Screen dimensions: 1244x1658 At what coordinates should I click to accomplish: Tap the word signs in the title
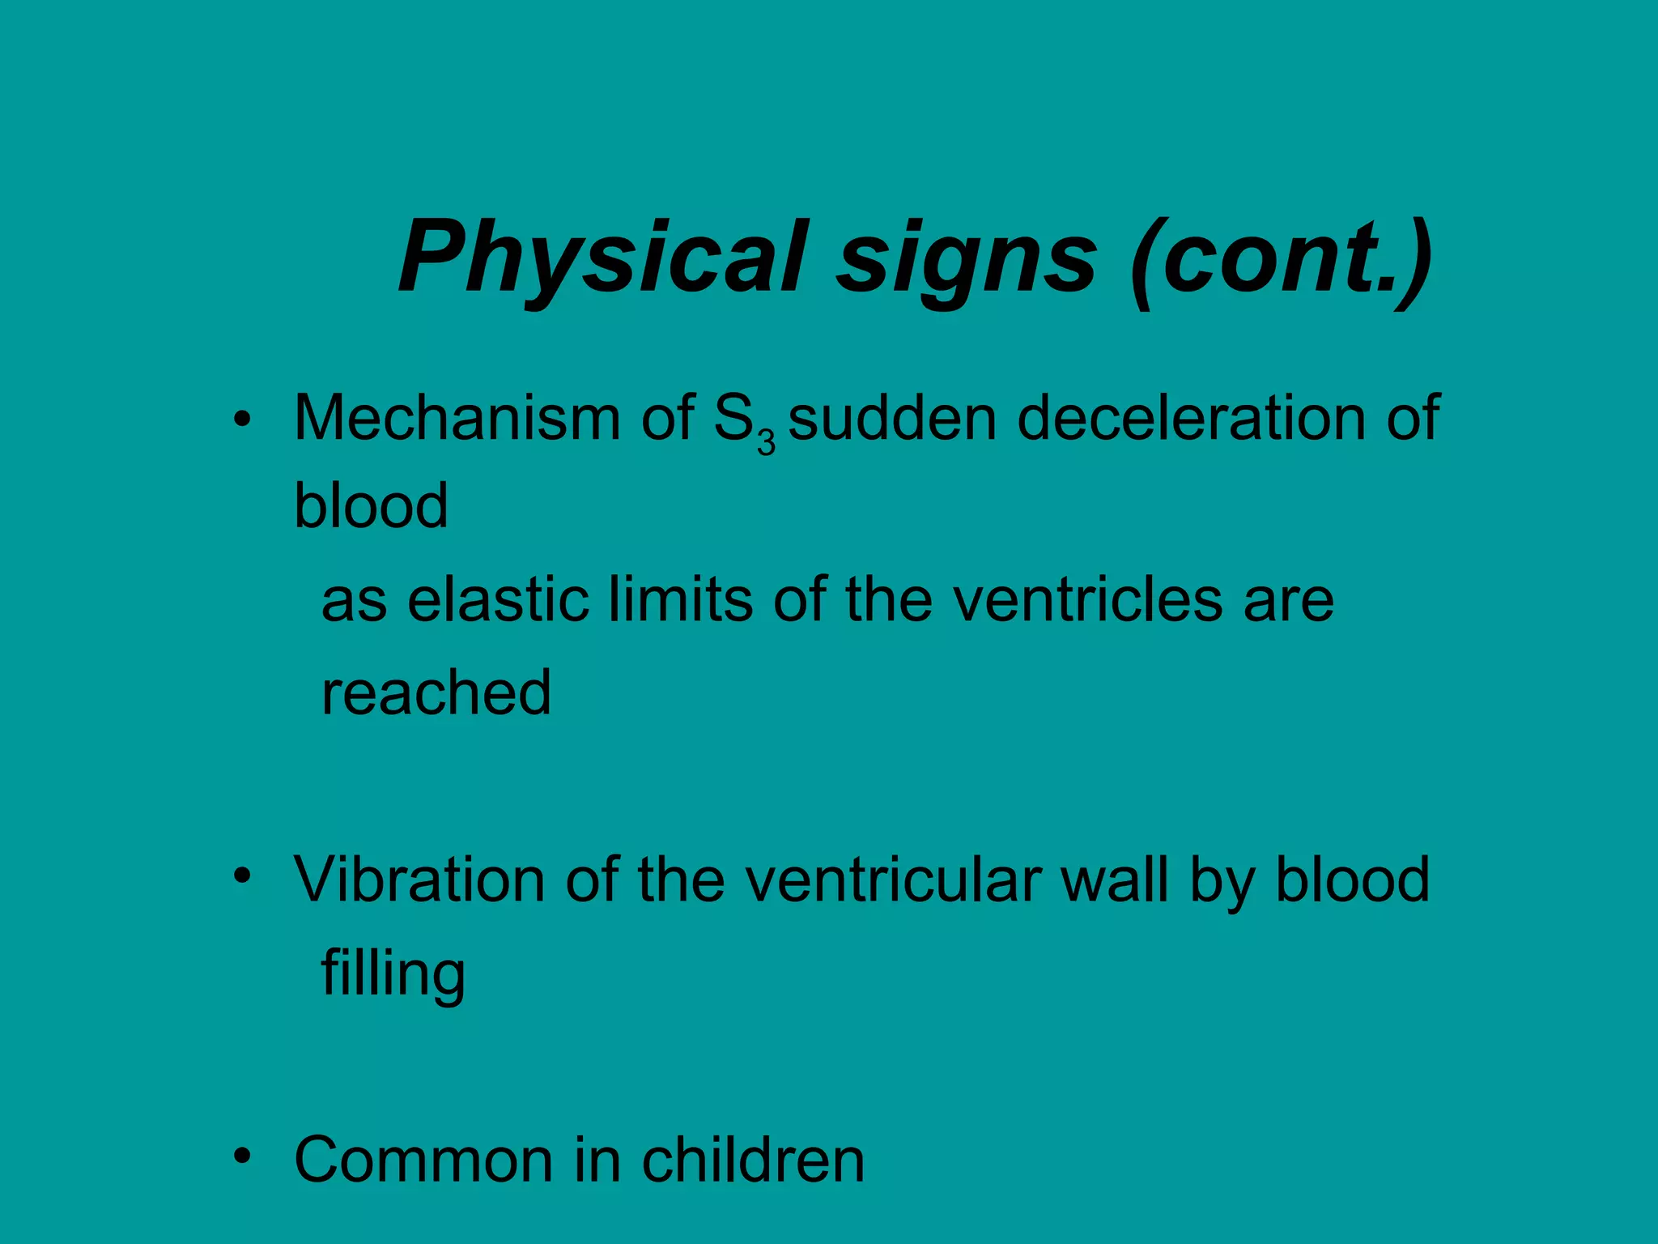pyautogui.click(x=967, y=259)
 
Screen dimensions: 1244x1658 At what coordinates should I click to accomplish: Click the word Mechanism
pyautogui.click(x=457, y=418)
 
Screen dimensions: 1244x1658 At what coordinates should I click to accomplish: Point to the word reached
pyautogui.click(x=436, y=693)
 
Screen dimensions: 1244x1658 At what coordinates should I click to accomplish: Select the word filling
pyautogui.click(x=393, y=973)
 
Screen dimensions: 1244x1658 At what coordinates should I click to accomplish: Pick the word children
pyautogui.click(x=753, y=1160)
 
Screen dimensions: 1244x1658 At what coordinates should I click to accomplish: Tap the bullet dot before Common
pyautogui.click(x=240, y=1156)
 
